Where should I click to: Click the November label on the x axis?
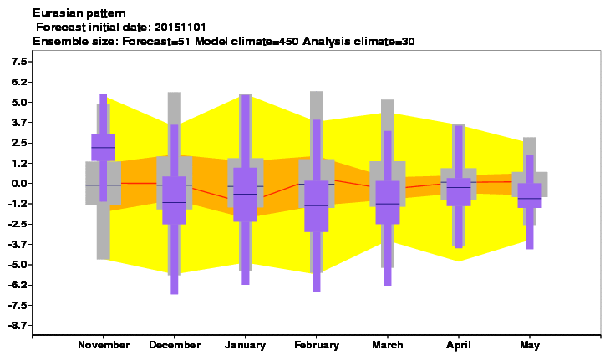pyautogui.click(x=104, y=345)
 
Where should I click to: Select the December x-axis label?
pyautogui.click(x=175, y=345)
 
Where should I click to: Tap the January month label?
pyautogui.click(x=245, y=345)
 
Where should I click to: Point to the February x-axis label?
pyautogui.click(x=317, y=345)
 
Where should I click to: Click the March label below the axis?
pyautogui.click(x=388, y=345)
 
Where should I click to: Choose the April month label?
pyautogui.click(x=458, y=345)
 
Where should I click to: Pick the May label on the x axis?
pyautogui.click(x=530, y=345)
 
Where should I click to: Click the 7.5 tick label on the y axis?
pyautogui.click(x=19, y=62)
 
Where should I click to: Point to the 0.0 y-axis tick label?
pyautogui.click(x=19, y=184)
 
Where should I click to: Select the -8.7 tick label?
pyautogui.click(x=18, y=326)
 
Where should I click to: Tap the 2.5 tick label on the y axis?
pyautogui.click(x=19, y=143)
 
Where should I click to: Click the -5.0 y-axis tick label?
pyautogui.click(x=18, y=265)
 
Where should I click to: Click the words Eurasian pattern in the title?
pyautogui.click(x=79, y=13)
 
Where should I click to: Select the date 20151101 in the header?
pyautogui.click(x=180, y=28)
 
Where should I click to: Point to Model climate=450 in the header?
pyautogui.click(x=247, y=41)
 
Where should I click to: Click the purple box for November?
pyautogui.click(x=103, y=147)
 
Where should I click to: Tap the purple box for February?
pyautogui.click(x=317, y=206)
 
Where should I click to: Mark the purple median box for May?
pyautogui.click(x=530, y=195)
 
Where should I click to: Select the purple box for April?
pyautogui.click(x=459, y=192)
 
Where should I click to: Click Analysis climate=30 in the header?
pyautogui.click(x=358, y=41)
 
